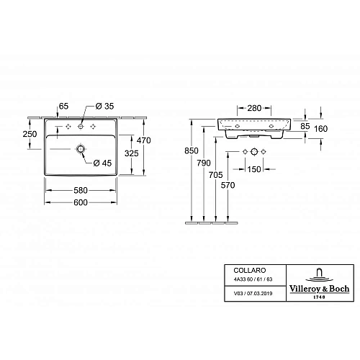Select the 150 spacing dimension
point(256,170)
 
